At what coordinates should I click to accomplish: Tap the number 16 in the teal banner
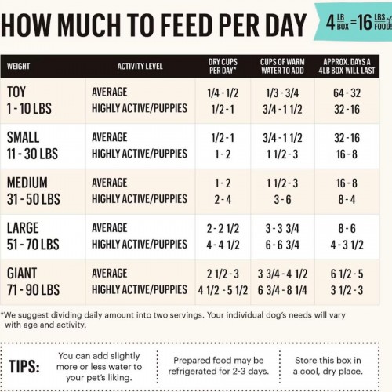[365, 22]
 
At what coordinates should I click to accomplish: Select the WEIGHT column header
[18, 66]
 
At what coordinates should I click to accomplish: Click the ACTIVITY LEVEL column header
[140, 66]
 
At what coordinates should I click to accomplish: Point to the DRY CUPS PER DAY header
[223, 66]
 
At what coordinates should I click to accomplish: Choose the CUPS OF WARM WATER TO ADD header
[282, 66]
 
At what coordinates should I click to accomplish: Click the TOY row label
[16, 92]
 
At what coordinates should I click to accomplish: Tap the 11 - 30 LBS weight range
[32, 154]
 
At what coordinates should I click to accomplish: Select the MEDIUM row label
[27, 183]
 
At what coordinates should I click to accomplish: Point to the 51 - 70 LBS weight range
[33, 245]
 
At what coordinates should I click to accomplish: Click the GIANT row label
[22, 274]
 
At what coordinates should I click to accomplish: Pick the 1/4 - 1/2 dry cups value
[223, 93]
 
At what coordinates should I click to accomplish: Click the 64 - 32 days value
[347, 93]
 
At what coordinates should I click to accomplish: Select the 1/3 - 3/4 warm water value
[282, 93]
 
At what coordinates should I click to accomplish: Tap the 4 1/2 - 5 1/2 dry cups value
[223, 290]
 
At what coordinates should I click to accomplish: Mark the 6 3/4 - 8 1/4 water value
[282, 290]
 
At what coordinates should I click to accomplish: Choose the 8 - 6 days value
[347, 228]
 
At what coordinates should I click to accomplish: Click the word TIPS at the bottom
[24, 366]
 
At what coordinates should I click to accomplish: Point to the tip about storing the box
[328, 365]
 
